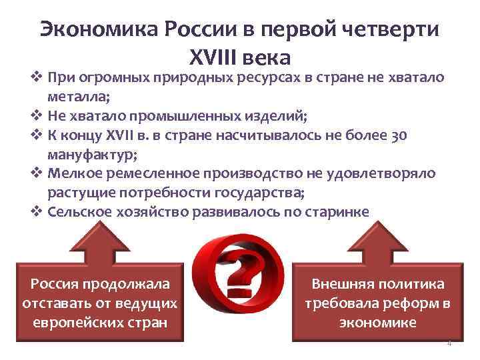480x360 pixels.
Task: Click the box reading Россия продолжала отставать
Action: (x=99, y=303)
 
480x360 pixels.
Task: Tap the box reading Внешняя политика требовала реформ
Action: (x=378, y=303)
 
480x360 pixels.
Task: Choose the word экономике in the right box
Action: (x=378, y=323)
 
